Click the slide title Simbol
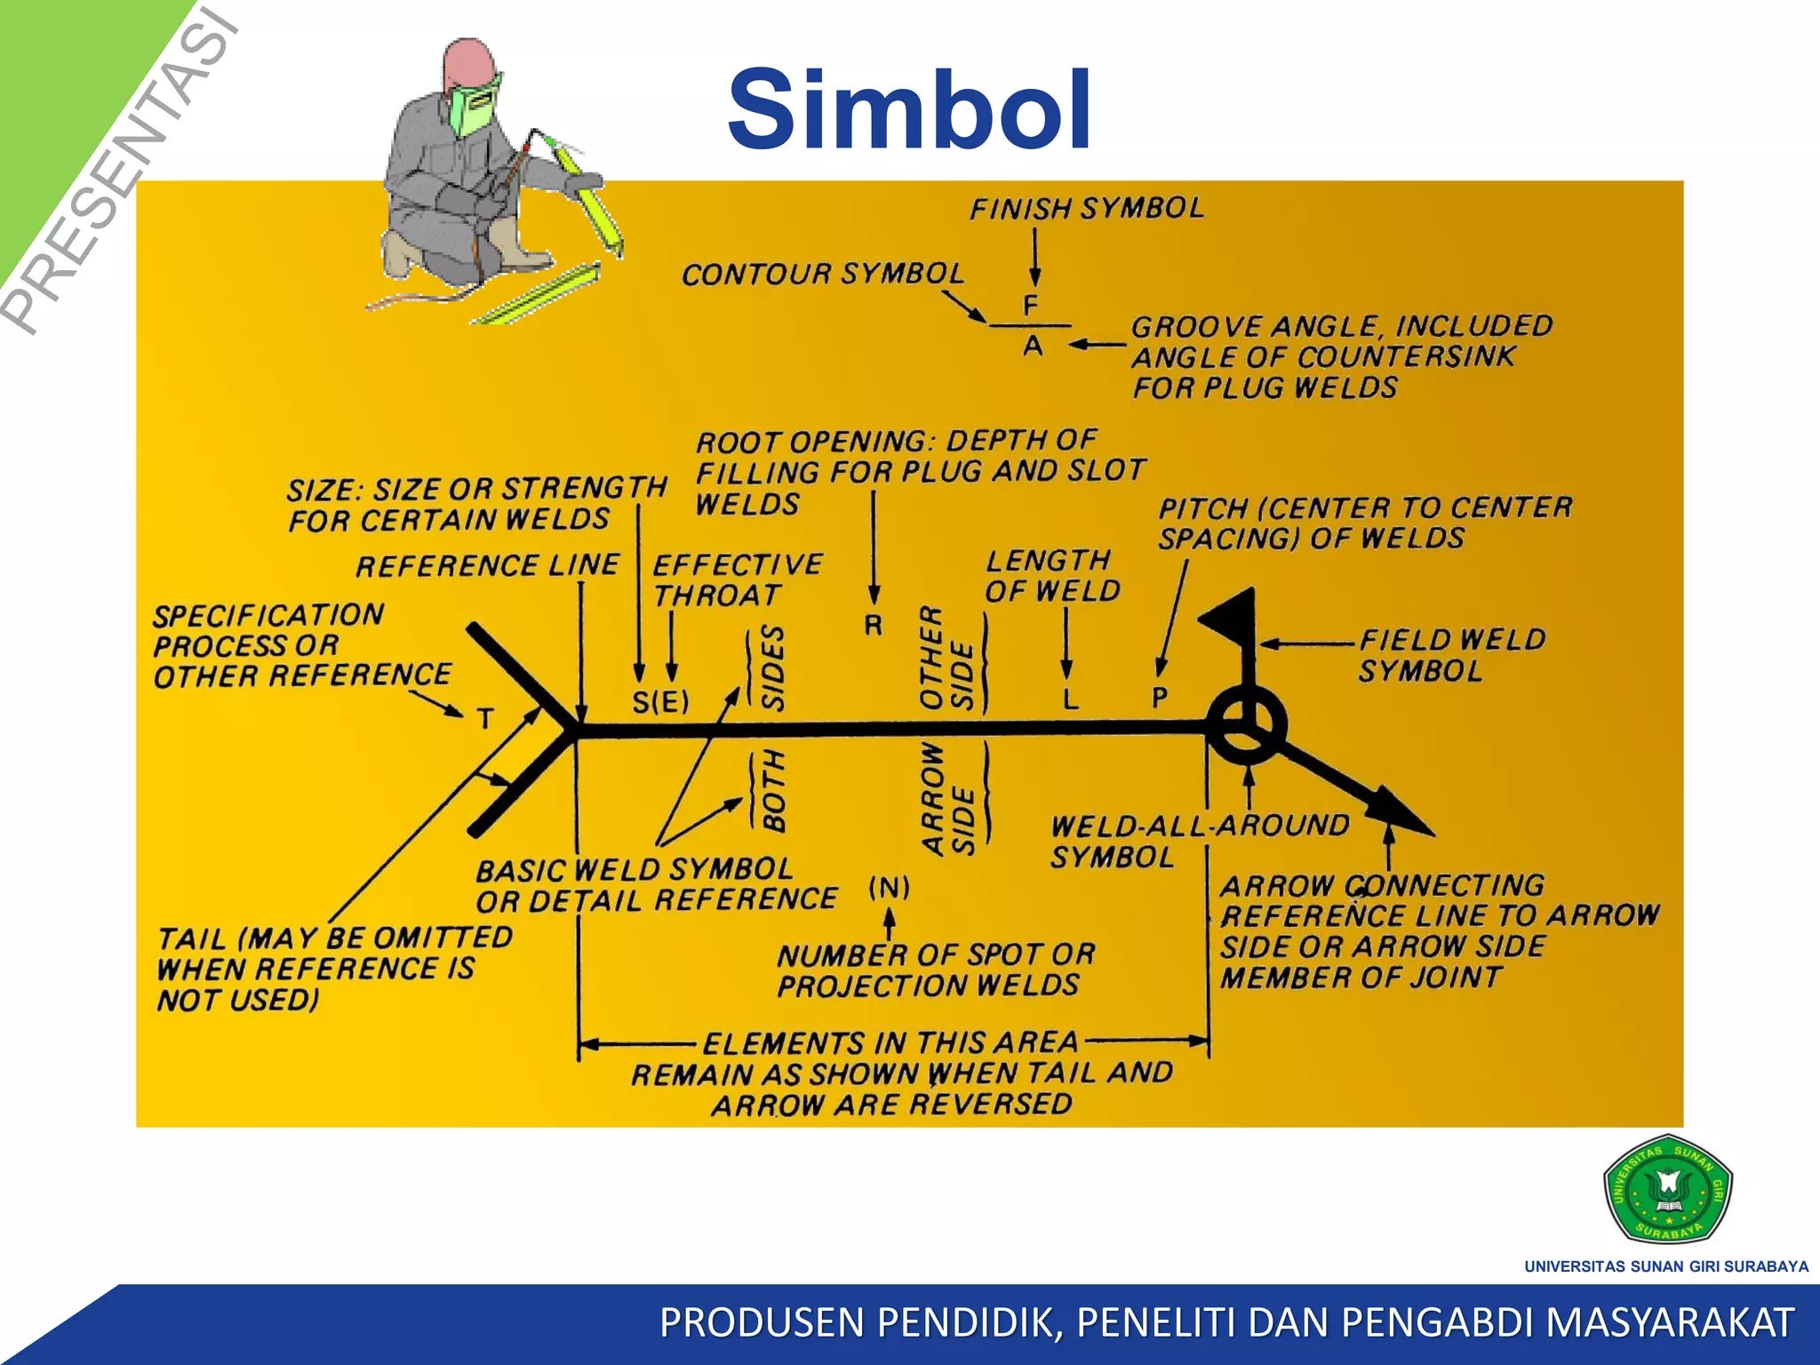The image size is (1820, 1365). click(909, 110)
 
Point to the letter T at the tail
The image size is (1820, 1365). click(484, 717)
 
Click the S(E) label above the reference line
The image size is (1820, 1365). click(660, 702)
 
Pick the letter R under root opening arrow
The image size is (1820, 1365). click(874, 626)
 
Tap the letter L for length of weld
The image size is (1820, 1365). click(1071, 699)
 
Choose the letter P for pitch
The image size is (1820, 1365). click(1160, 698)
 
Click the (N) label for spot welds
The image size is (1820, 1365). click(889, 887)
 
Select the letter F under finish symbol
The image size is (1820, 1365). click(1031, 306)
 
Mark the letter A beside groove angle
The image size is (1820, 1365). click(1033, 345)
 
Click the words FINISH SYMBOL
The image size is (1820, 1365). click(1086, 208)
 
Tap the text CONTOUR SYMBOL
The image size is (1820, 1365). click(822, 274)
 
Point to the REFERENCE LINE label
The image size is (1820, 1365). click(487, 564)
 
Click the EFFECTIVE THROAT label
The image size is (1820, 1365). click(737, 579)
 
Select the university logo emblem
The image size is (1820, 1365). click(1667, 1189)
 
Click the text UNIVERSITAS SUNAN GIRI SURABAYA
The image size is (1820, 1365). click(1666, 1265)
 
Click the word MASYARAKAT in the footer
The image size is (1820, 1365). click(1669, 1322)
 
